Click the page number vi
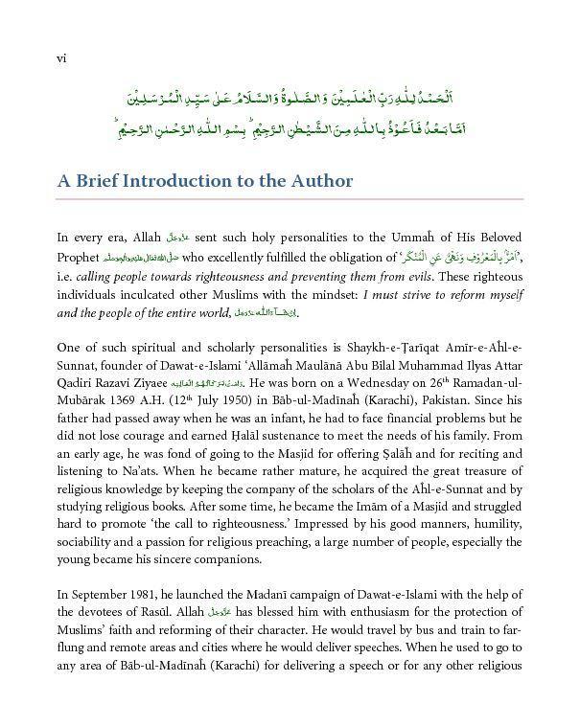(61, 58)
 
